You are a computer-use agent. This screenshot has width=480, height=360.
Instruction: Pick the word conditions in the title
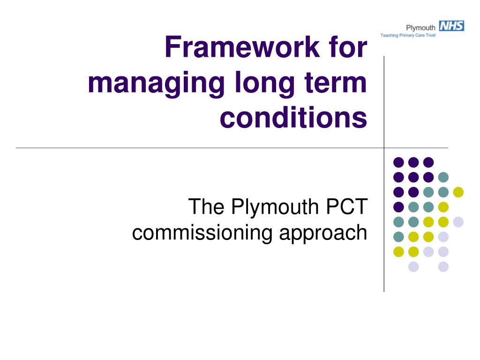coord(293,117)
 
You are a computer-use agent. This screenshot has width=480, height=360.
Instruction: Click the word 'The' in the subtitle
coord(206,206)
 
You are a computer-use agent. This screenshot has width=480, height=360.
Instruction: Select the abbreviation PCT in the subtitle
coord(346,206)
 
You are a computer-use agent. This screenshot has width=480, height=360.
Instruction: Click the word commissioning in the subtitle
coord(202,233)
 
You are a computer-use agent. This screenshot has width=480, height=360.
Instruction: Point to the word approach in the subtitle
coord(323,233)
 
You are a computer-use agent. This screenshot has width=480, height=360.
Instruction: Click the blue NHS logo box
coord(451,26)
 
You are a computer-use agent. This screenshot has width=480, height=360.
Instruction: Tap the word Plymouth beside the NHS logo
coord(420,28)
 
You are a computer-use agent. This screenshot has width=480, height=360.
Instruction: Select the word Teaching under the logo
coord(390,36)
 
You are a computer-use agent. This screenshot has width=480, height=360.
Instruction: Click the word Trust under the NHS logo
coord(431,35)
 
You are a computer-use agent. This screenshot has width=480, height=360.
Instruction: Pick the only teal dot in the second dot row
coord(443,177)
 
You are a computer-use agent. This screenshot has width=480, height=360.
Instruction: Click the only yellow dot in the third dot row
coord(458,192)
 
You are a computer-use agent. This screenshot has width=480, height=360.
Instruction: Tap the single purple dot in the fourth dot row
coord(398,207)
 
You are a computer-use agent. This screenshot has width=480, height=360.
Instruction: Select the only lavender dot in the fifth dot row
coord(458,222)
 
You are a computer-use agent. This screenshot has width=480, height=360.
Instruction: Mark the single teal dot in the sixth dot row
coord(398,237)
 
